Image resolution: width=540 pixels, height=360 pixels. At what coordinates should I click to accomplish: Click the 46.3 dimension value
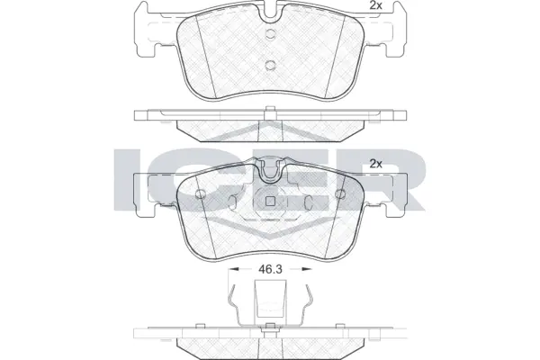click(270, 268)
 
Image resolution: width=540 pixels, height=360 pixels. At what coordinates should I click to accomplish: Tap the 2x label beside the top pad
click(375, 7)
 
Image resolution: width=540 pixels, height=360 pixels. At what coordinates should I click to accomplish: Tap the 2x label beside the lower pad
click(375, 164)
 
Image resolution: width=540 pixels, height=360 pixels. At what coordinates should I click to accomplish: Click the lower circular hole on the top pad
click(270, 64)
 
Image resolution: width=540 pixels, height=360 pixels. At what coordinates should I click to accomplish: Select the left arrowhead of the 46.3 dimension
click(233, 268)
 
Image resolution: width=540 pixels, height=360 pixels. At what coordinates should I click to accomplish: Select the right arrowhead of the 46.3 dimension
click(307, 268)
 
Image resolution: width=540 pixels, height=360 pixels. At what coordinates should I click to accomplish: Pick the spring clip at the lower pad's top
click(270, 169)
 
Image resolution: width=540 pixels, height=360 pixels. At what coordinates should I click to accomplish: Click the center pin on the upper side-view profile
click(270, 111)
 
